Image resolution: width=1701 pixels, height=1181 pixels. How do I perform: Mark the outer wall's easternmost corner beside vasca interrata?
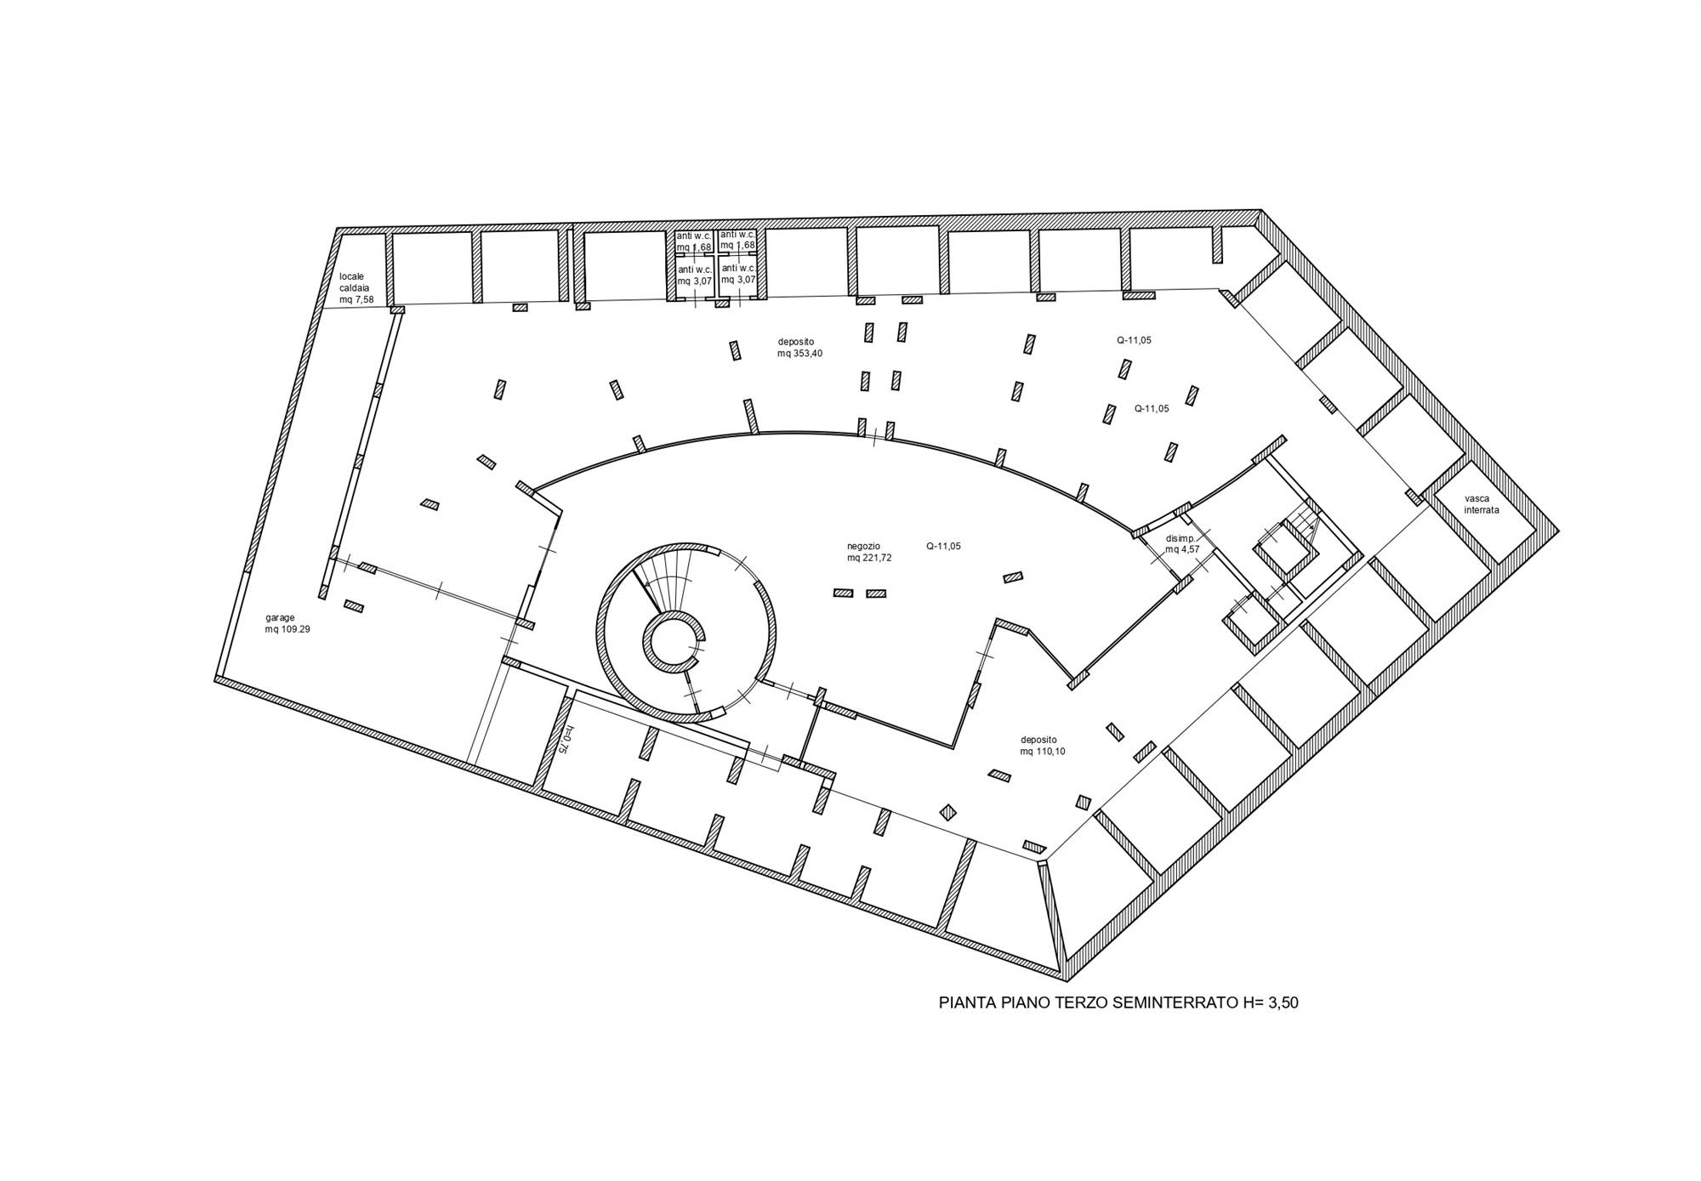[x=1558, y=531]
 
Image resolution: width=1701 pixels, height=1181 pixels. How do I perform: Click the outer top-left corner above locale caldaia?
[x=337, y=228]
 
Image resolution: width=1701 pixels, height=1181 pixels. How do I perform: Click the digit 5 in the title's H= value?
[x=1285, y=1003]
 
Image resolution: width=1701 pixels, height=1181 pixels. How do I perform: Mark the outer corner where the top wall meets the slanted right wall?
[x=1261, y=210]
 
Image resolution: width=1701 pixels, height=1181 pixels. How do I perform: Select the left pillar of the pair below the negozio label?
[x=843, y=593]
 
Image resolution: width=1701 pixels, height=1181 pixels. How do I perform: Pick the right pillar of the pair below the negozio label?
[x=875, y=593]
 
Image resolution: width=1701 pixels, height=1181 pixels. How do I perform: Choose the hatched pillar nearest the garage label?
[x=354, y=606]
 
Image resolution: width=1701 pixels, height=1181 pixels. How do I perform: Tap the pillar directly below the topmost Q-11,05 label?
[x=1125, y=369]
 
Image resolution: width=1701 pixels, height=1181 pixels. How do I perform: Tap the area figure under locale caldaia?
[x=356, y=299]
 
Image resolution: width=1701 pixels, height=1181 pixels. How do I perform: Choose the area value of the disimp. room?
[x=1182, y=549]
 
